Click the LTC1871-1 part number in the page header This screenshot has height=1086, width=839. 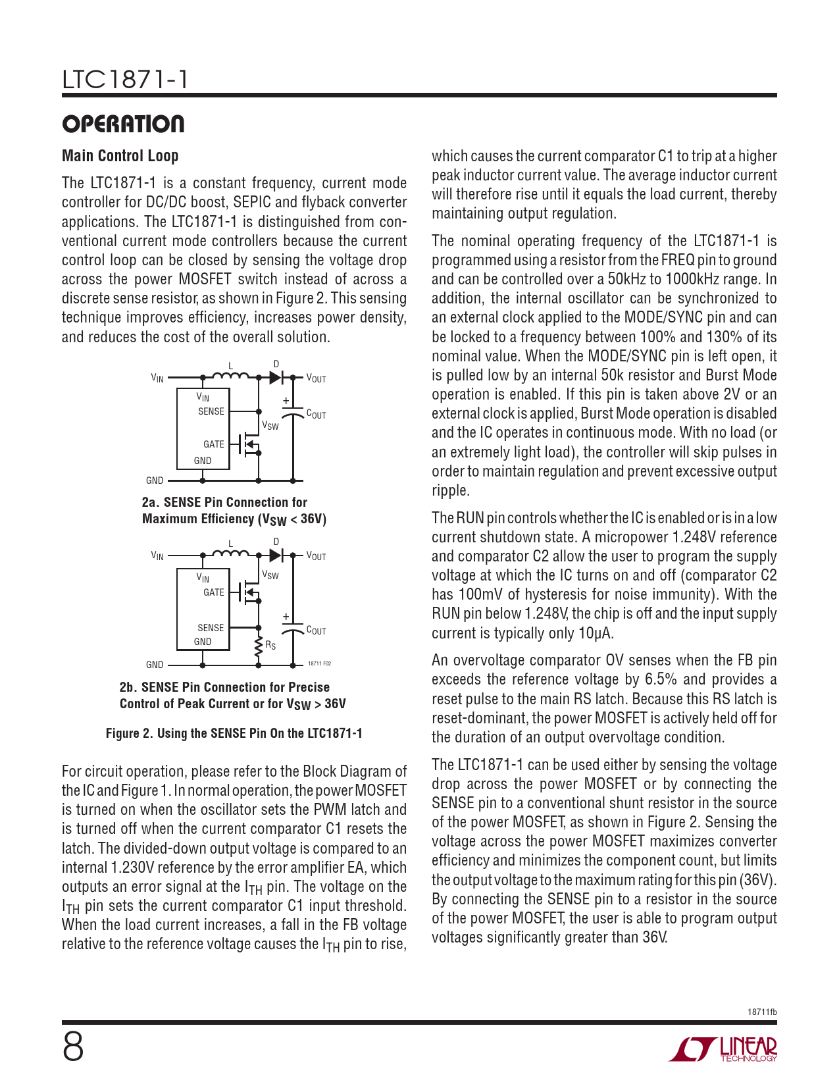tap(125, 80)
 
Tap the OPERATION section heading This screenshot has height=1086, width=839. tap(123, 124)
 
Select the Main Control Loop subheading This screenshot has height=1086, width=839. tap(120, 156)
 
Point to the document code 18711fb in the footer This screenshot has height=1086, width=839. tap(762, 1012)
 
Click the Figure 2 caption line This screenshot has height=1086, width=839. tap(234, 733)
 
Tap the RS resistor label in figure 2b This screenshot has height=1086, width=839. tap(270, 645)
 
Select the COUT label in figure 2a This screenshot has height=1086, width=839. tap(316, 415)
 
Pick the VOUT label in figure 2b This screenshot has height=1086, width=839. tap(316, 556)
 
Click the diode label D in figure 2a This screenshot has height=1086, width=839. tap(276, 364)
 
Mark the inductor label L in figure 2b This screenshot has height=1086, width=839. tap(231, 544)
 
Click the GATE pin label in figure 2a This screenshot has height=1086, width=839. tap(213, 444)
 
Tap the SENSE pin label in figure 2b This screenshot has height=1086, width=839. tap(211, 628)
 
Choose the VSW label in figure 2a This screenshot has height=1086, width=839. tap(270, 425)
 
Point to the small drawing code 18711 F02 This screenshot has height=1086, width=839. tap(319, 664)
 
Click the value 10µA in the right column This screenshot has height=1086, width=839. tap(596, 633)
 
